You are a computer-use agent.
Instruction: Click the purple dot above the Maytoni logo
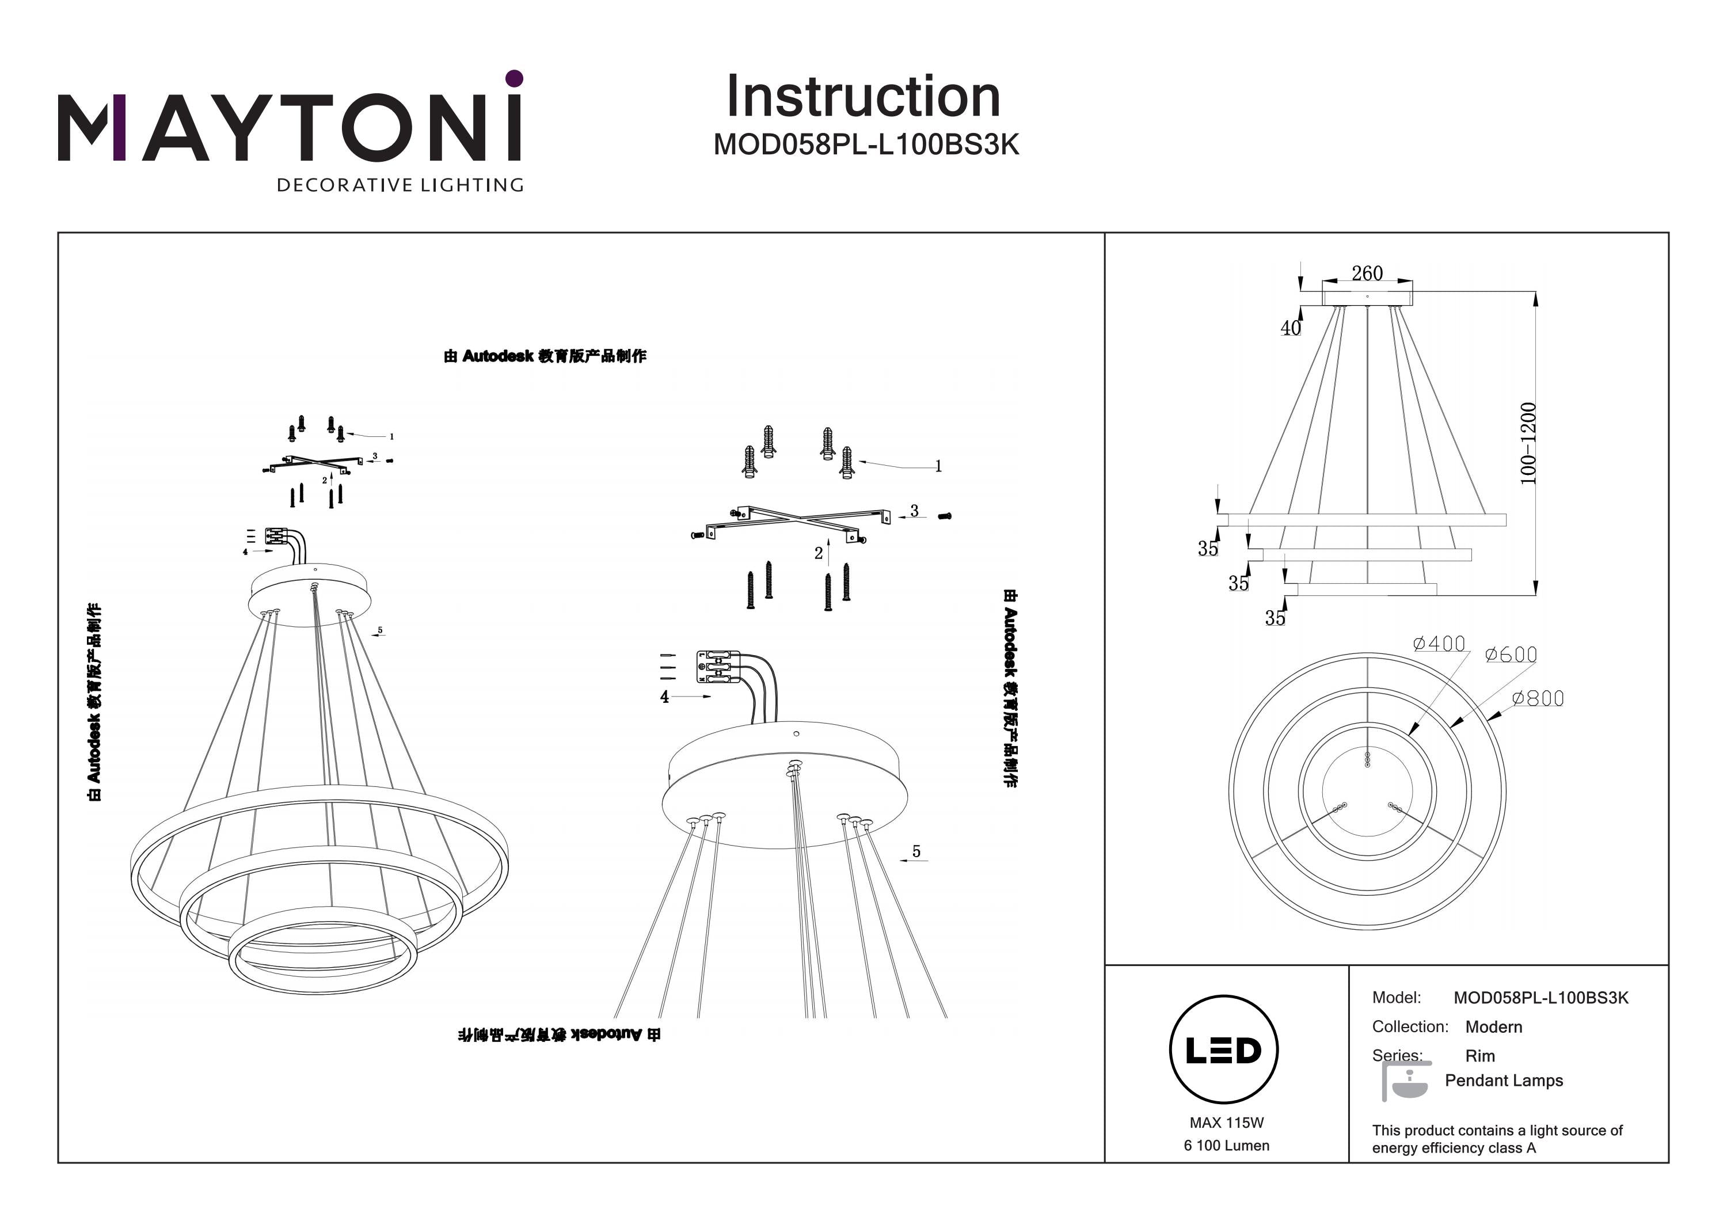515,78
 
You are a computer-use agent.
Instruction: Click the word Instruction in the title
863,97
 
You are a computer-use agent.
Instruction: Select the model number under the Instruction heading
866,144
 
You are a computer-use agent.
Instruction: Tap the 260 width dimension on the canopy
1367,273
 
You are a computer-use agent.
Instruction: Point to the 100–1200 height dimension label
1528,443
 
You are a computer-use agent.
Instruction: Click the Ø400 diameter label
1439,644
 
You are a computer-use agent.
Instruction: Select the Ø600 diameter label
1511,655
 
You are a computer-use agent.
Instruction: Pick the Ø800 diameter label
1538,698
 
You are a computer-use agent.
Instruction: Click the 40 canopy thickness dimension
1290,328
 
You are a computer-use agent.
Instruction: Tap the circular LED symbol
1224,1050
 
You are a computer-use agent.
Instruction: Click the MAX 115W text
1226,1123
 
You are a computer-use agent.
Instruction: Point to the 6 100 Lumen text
1226,1145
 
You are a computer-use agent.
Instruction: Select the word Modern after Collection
1493,1027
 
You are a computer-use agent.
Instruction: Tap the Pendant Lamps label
1504,1081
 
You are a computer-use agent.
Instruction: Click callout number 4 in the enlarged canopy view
664,697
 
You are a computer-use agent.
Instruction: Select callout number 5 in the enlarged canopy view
916,851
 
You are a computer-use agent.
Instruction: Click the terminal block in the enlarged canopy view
718,667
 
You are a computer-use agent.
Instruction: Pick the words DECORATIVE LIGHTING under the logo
400,185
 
